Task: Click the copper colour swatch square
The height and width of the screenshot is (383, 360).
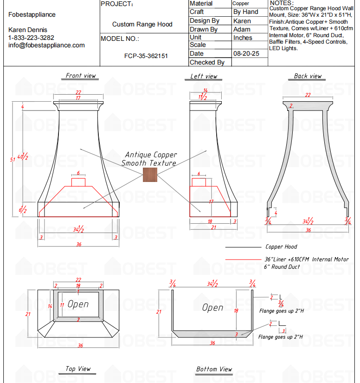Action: point(150,175)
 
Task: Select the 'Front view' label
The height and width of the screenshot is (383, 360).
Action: point(81,76)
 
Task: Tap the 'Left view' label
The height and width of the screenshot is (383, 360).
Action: point(204,76)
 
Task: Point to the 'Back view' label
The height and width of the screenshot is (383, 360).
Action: point(308,76)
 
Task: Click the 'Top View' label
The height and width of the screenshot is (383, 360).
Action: point(78,369)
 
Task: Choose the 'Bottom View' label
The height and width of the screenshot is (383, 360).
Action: point(214,369)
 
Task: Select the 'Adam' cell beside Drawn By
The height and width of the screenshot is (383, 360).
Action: point(242,29)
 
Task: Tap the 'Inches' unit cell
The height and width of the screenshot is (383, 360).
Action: point(243,38)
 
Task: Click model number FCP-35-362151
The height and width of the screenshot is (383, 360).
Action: point(146,56)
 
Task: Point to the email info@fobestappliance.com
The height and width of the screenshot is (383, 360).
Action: point(46,45)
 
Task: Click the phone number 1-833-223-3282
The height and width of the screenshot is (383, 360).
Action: point(31,38)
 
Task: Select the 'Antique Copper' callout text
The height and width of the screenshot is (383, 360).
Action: point(151,155)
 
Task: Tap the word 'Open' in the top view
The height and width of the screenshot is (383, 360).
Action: point(78,305)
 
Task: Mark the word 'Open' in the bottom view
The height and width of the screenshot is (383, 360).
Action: point(212,307)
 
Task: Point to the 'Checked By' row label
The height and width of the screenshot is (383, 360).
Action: point(207,62)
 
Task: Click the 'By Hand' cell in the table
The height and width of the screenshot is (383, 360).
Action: point(245,12)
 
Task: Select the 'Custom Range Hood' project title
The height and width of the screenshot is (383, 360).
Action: point(142,25)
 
